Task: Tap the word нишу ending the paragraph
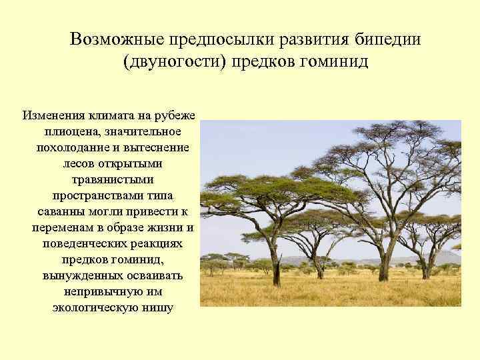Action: pyautogui.click(x=157, y=308)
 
